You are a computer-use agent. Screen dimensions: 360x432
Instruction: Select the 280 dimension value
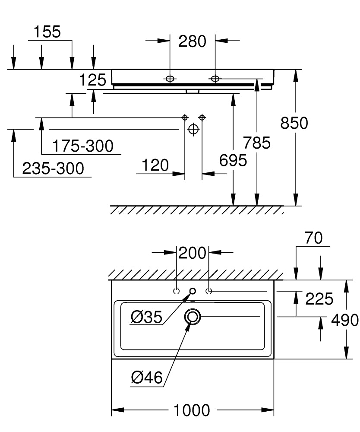click(192, 41)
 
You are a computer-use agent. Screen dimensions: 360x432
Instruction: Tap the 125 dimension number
click(92, 80)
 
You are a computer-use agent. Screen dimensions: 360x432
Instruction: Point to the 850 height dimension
click(294, 123)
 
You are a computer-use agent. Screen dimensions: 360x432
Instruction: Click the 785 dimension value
click(256, 143)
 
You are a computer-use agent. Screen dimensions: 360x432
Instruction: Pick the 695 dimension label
click(233, 160)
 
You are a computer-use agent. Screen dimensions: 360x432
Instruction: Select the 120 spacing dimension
click(155, 165)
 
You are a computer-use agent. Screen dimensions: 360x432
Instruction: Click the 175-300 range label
click(82, 146)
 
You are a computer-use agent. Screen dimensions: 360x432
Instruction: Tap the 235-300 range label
click(53, 168)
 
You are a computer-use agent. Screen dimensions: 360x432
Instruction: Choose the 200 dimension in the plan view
click(192, 253)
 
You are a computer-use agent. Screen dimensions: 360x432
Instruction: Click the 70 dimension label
click(313, 238)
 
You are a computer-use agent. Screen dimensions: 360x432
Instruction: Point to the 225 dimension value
click(319, 299)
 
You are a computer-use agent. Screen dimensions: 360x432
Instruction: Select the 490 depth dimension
click(345, 320)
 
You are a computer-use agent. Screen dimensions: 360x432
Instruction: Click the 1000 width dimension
click(192, 410)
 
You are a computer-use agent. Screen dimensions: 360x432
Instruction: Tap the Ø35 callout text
click(146, 317)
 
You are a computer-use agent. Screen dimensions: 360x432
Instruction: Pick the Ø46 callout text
click(147, 378)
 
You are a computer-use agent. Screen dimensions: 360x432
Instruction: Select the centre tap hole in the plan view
click(193, 291)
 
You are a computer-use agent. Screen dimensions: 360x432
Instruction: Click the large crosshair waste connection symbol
click(193, 129)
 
